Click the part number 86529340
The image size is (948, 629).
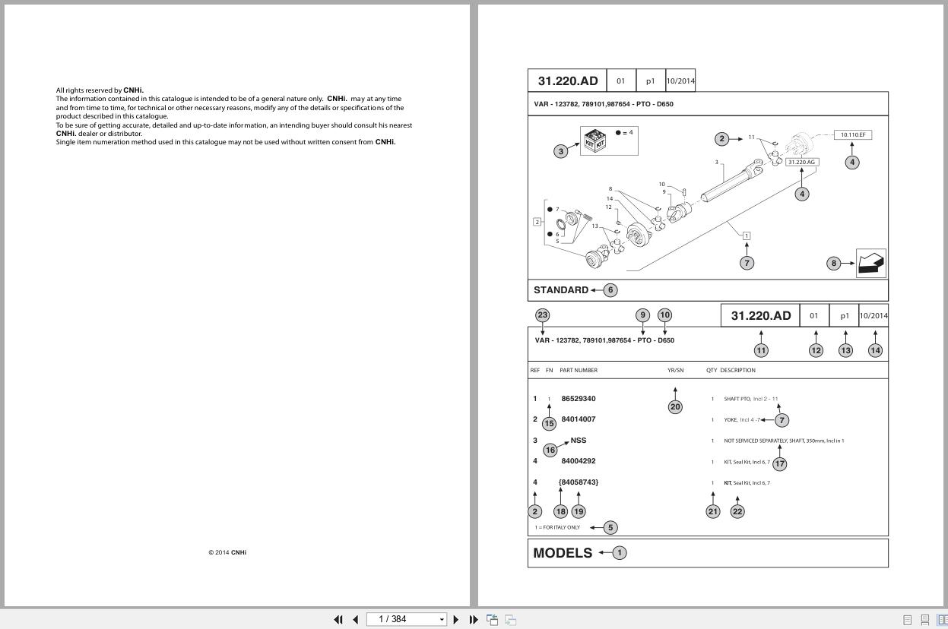[578, 399]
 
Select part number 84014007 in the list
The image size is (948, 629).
[578, 419]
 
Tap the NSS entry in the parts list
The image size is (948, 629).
[578, 440]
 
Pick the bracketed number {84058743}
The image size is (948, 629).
[578, 482]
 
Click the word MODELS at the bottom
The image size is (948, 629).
[563, 553]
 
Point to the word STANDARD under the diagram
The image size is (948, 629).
[561, 290]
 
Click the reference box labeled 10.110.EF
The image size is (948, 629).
[852, 135]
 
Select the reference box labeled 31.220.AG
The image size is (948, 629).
[801, 162]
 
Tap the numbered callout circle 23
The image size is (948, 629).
[542, 315]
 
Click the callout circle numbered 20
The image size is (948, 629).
[675, 407]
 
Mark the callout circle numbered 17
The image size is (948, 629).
[779, 463]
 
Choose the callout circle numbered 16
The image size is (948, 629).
[550, 450]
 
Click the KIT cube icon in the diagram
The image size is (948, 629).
[594, 141]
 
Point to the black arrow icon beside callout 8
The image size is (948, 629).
[870, 263]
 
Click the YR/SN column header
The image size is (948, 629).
[675, 371]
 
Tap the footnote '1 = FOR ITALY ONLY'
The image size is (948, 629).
[557, 527]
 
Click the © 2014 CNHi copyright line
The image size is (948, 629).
[227, 552]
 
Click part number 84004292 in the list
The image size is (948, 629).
[578, 461]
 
